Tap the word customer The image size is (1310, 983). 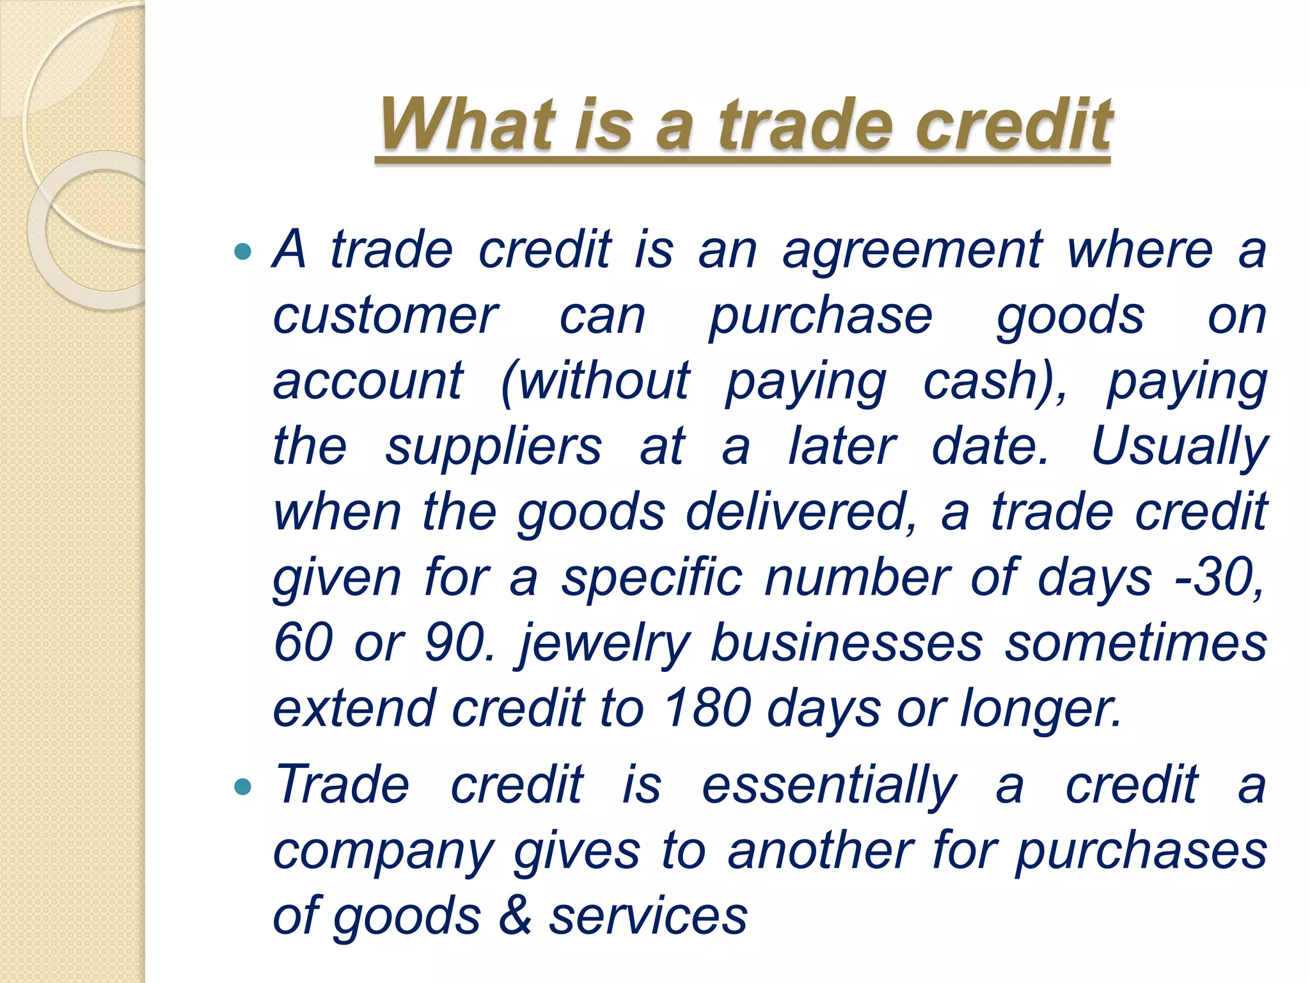pyautogui.click(x=386, y=316)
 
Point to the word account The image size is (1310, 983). pyautogui.click(x=368, y=381)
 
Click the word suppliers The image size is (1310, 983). pyautogui.click(x=493, y=447)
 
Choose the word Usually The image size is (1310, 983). pyautogui.click(x=1178, y=447)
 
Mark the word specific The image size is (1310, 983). pyautogui.click(x=652, y=579)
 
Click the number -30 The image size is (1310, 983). pyautogui.click(x=1219, y=579)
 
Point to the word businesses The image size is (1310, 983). pyautogui.click(x=846, y=644)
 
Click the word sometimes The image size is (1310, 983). pyautogui.click(x=1135, y=644)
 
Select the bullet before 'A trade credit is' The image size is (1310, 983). pyautogui.click(x=243, y=252)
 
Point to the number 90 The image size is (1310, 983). pyautogui.click(x=459, y=644)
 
